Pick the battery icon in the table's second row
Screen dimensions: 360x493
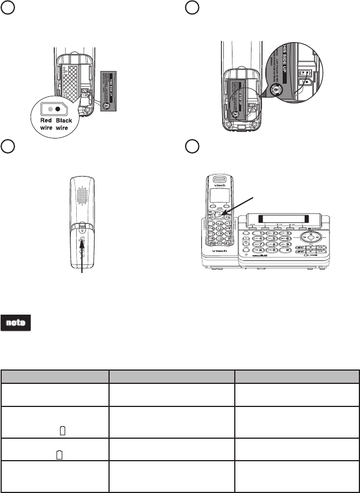tap(63, 430)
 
